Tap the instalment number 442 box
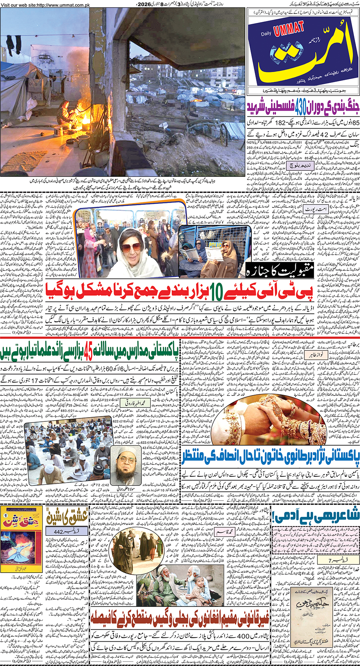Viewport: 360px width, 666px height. tap(66, 531)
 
